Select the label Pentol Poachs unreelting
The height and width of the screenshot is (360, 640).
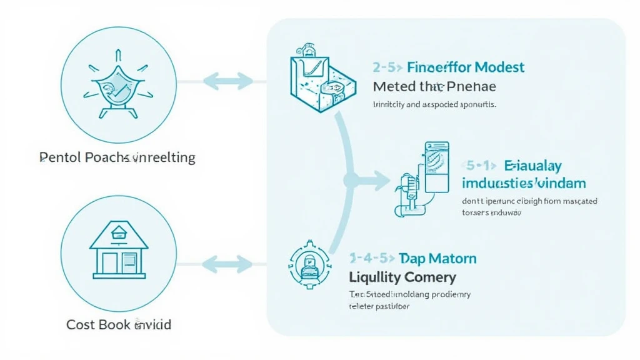(x=117, y=157)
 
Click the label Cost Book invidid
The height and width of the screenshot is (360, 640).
(x=119, y=325)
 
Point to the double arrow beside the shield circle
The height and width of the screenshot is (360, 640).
(x=228, y=81)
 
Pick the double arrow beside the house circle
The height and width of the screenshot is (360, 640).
(x=228, y=262)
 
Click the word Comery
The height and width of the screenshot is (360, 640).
(x=431, y=277)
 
